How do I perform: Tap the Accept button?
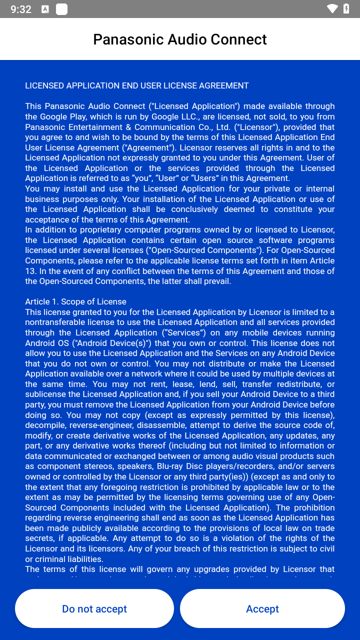(262, 608)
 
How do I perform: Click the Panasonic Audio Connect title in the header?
(180, 39)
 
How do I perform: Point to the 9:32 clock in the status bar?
(21, 9)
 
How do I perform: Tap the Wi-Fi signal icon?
(332, 9)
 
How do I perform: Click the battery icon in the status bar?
(346, 9)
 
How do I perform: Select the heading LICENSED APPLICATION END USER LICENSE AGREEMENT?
(136, 85)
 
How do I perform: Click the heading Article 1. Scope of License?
(75, 301)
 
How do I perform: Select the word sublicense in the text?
(52, 394)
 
